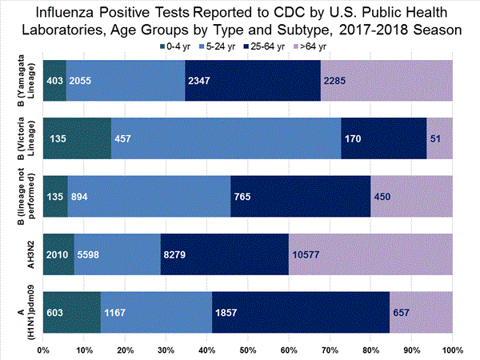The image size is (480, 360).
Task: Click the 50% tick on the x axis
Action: click(x=248, y=350)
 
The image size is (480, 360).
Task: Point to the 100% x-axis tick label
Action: click(x=452, y=350)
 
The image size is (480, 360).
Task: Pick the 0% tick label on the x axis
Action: click(x=44, y=350)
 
